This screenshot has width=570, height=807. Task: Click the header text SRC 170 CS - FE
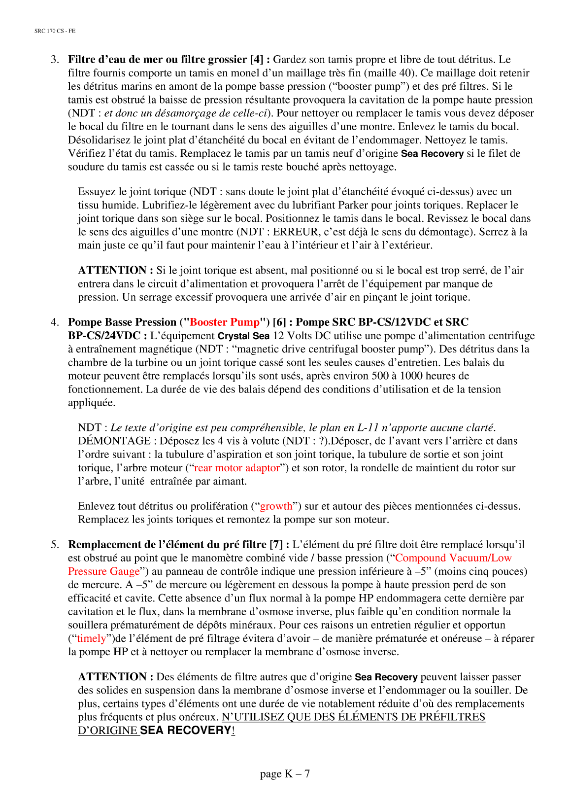pyautogui.click(x=55, y=31)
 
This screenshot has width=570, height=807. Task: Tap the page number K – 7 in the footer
pyautogui.click(x=285, y=773)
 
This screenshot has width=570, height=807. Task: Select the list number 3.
pyautogui.click(x=54, y=60)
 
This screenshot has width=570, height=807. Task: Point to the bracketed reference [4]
pyautogui.click(x=257, y=60)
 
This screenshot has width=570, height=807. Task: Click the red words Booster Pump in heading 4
pyautogui.click(x=225, y=322)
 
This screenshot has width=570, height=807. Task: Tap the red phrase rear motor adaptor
pyautogui.click(x=236, y=468)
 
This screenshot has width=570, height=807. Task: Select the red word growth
pyautogui.click(x=276, y=506)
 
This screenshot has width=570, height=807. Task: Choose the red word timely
pyautogui.click(x=91, y=638)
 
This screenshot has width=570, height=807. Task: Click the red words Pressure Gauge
pyautogui.click(x=104, y=571)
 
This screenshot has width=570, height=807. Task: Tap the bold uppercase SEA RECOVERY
pyautogui.click(x=186, y=731)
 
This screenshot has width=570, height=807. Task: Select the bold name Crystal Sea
pyautogui.click(x=243, y=336)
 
